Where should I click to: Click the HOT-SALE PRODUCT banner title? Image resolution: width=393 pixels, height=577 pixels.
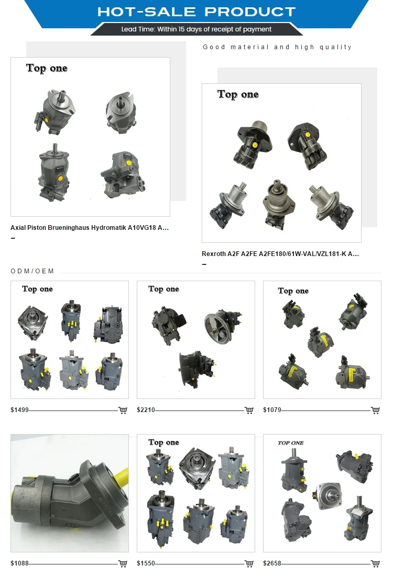196,12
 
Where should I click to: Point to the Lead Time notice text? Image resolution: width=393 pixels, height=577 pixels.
196,29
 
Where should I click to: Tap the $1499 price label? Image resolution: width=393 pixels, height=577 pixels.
19,410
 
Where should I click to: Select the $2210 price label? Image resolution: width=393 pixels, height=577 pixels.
146,410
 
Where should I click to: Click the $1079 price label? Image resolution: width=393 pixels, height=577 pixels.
272,410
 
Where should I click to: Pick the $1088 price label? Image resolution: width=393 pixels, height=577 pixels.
19,563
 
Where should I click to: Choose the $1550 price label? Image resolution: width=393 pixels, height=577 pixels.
146,563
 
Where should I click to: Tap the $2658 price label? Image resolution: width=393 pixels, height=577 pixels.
272,563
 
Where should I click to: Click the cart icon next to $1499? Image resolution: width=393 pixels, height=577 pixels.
123,410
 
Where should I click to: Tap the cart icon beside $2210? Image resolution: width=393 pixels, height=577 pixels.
249,410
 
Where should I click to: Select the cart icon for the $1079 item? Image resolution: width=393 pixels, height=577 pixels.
375,410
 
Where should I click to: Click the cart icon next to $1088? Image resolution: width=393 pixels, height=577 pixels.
123,563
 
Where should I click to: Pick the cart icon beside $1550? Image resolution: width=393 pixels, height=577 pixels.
249,563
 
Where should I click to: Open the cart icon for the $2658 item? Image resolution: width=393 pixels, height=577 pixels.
375,563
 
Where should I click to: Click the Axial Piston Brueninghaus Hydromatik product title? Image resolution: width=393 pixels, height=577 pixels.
90,228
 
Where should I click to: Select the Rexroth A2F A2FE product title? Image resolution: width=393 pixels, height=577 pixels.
280,254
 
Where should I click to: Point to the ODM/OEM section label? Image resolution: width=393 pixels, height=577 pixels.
32,271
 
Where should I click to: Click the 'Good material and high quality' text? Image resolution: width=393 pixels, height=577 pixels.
277,47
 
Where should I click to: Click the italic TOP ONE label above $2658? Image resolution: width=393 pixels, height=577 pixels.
290,443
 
